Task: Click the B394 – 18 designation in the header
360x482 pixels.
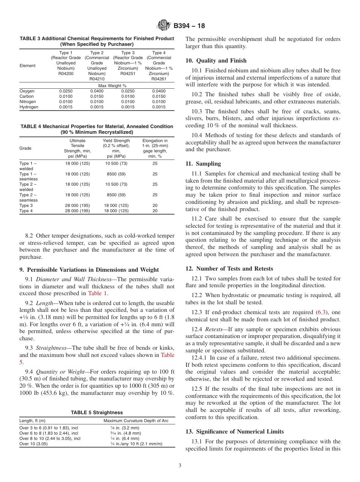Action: (189, 26)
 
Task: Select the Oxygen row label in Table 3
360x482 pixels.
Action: (27, 91)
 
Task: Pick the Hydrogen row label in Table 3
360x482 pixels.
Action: (29, 107)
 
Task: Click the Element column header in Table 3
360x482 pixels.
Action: (27, 66)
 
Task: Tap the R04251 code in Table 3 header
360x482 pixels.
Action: (128, 74)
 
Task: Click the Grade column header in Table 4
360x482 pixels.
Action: (25, 148)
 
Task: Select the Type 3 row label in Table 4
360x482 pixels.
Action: (26, 205)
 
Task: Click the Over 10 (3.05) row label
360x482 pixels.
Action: (33, 444)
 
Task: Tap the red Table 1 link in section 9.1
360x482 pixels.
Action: (98, 293)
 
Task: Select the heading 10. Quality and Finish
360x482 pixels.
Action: (216, 61)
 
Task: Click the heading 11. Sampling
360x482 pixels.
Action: (203, 164)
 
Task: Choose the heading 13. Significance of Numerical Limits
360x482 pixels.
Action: (235, 432)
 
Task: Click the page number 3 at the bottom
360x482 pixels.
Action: (180, 465)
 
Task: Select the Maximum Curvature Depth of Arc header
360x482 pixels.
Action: (136, 421)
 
